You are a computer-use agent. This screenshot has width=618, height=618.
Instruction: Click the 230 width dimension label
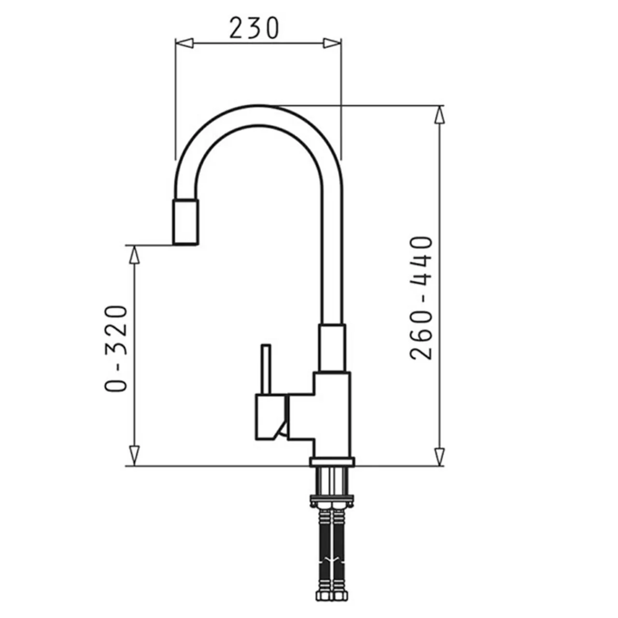pyautogui.click(x=254, y=28)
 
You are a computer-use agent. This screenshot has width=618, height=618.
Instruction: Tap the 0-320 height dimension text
pyautogui.click(x=116, y=349)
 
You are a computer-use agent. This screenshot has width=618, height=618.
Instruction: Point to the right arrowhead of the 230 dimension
pyautogui.click(x=332, y=43)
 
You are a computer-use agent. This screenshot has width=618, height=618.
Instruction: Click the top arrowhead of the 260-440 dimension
pyautogui.click(x=440, y=114)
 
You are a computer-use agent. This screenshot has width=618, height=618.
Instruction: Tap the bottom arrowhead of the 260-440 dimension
pyautogui.click(x=440, y=457)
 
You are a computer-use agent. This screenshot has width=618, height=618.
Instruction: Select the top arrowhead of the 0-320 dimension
pyautogui.click(x=135, y=255)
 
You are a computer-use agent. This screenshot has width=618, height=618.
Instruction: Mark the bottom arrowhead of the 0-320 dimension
pyautogui.click(x=135, y=457)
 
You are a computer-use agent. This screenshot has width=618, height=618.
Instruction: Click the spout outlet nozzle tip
pyautogui.click(x=186, y=222)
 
